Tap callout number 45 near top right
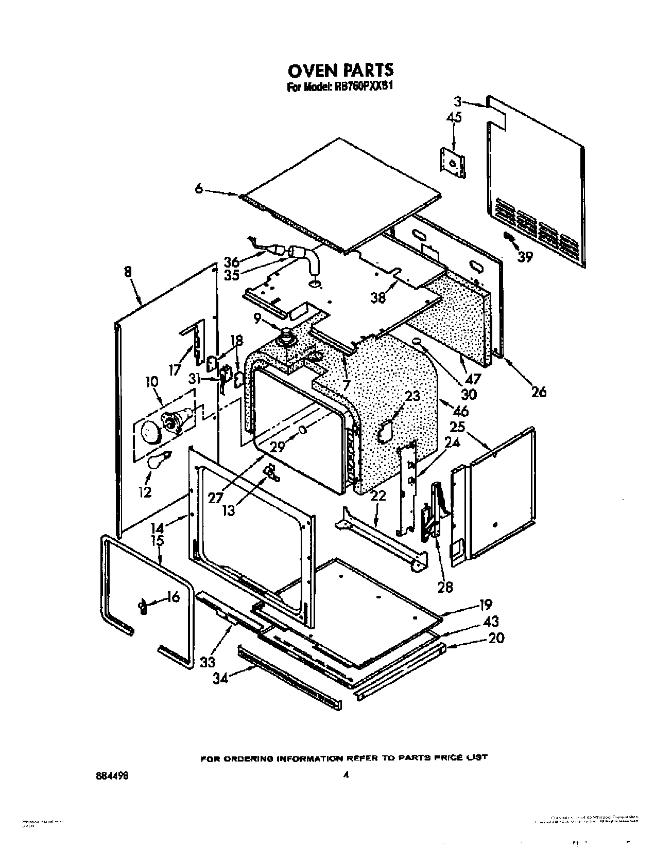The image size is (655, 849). coord(454,118)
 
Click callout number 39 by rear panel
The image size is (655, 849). coord(525,257)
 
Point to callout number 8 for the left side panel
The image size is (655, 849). coord(128,272)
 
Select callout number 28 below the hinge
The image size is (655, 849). coord(445,587)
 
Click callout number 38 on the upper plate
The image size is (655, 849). coord(378,297)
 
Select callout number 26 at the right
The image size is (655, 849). coord(539,392)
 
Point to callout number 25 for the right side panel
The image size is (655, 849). coord(457,427)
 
